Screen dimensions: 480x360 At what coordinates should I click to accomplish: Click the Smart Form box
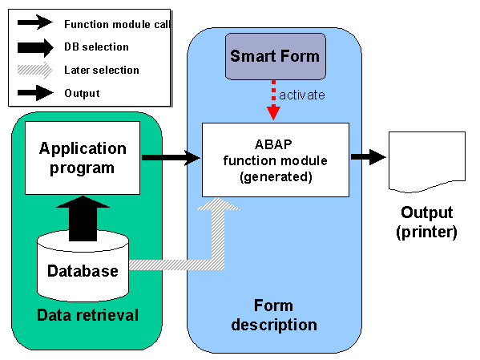(275, 56)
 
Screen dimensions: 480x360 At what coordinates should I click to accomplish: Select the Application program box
(83, 158)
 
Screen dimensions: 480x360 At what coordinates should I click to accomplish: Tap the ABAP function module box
(276, 160)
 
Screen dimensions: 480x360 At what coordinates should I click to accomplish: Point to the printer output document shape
(427, 162)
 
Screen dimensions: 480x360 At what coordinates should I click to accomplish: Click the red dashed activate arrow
(273, 100)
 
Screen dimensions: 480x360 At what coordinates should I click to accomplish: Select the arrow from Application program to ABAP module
(171, 157)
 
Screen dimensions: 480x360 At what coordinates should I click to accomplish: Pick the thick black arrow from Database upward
(83, 219)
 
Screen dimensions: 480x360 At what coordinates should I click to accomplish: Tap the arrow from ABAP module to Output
(368, 157)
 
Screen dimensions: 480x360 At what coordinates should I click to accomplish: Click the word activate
(302, 95)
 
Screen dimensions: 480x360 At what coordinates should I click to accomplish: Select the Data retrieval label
(87, 315)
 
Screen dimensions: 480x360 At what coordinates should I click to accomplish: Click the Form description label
(274, 315)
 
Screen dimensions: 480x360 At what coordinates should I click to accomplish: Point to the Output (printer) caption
(427, 222)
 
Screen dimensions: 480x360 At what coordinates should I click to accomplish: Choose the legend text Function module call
(117, 24)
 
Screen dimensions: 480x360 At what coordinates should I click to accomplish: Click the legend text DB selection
(96, 47)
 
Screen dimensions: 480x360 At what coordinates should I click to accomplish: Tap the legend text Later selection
(102, 71)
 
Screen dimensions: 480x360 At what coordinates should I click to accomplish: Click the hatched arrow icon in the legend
(35, 71)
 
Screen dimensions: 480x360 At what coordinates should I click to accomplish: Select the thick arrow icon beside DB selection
(35, 48)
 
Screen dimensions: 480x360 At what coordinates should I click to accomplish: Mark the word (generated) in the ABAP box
(276, 177)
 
